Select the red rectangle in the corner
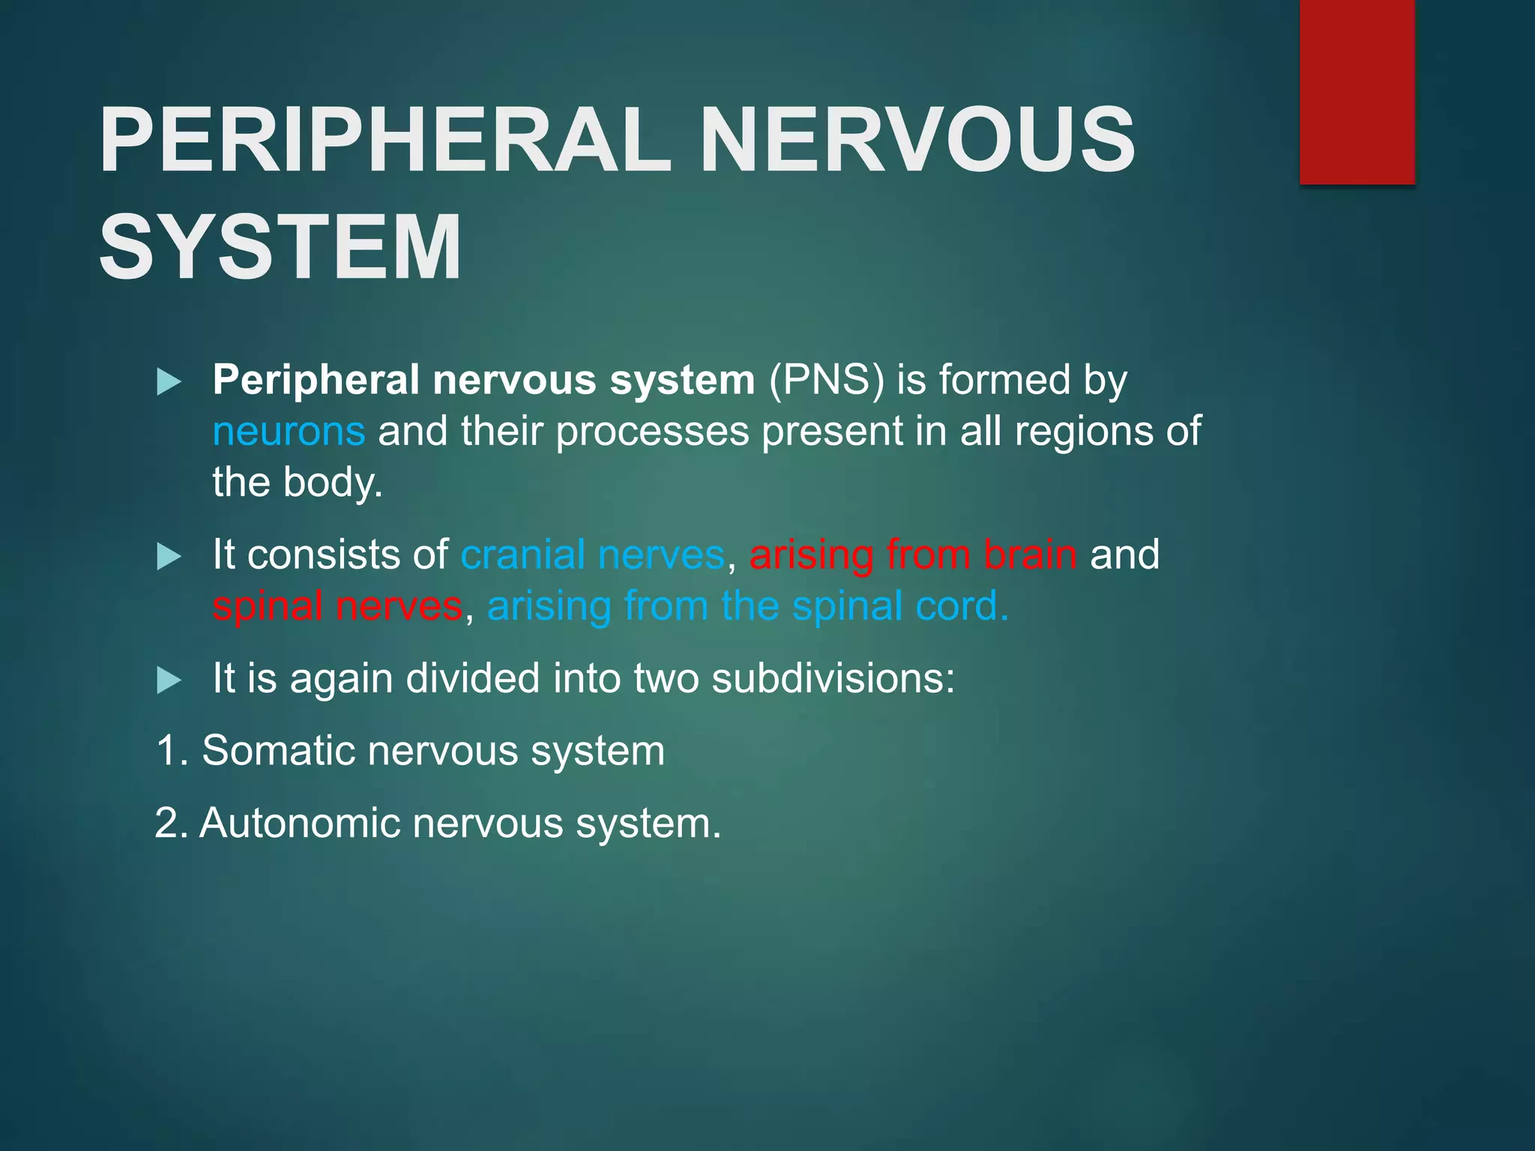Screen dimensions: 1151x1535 tap(1357, 91)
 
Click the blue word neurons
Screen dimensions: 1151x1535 tap(289, 432)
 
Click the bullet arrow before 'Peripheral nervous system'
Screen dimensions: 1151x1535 tap(169, 382)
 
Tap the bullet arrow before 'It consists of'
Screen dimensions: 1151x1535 tap(169, 557)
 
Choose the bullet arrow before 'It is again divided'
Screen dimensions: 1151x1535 tap(169, 680)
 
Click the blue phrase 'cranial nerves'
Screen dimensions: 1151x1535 tap(592, 555)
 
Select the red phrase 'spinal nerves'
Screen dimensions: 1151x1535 tap(337, 606)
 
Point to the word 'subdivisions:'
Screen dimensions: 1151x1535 tap(833, 679)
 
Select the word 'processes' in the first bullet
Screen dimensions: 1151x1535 tap(652, 432)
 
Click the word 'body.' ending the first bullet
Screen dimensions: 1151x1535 tap(333, 483)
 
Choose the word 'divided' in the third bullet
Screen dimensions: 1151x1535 tap(472, 679)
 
